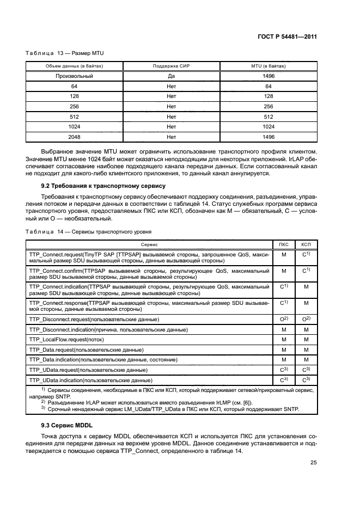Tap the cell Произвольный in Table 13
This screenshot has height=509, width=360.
click(74, 76)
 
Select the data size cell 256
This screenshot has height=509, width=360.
click(74, 107)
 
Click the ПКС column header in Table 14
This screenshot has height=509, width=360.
click(283, 244)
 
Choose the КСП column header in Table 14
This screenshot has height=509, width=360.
click(306, 244)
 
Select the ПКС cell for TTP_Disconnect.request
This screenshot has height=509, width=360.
click(283, 318)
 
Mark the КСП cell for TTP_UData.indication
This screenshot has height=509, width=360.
click(306, 379)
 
